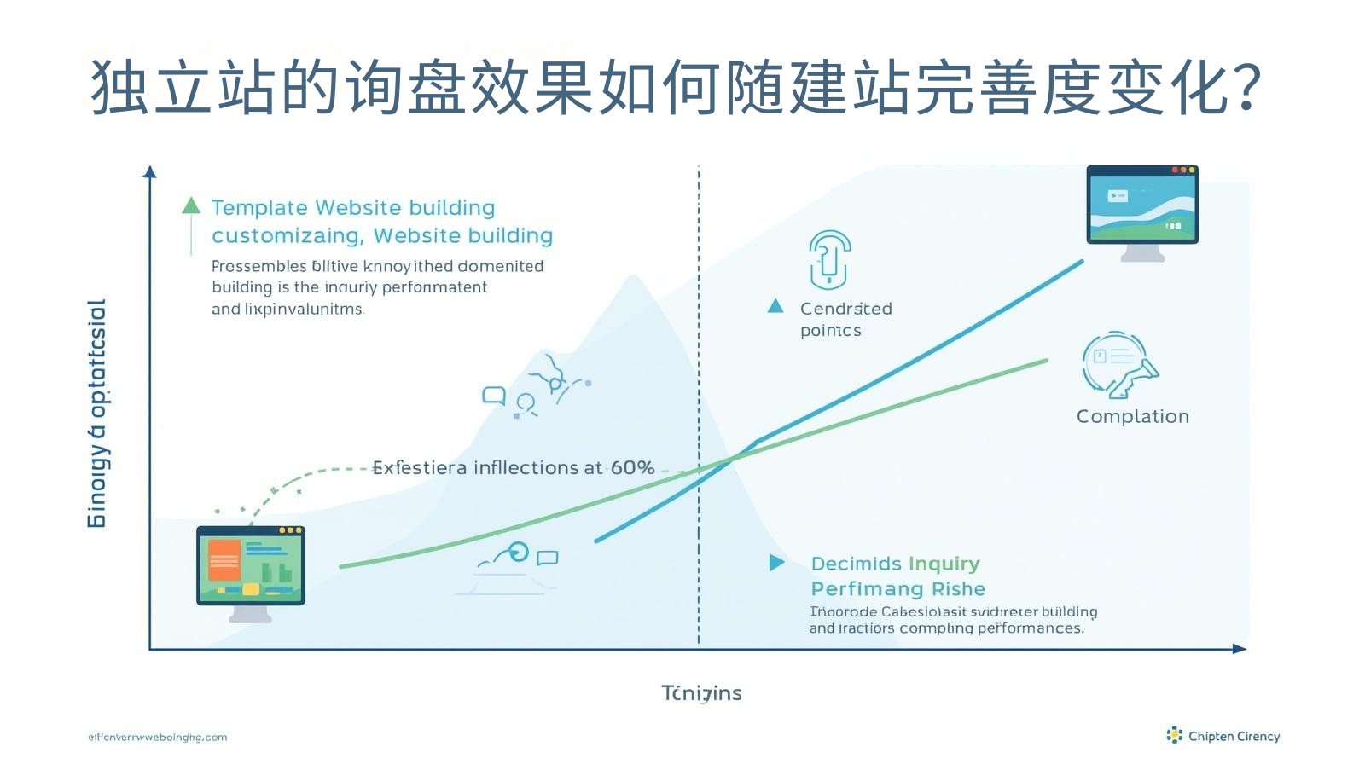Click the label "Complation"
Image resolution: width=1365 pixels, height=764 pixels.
pos(1132,416)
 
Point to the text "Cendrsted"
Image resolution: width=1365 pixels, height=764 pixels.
pos(845,309)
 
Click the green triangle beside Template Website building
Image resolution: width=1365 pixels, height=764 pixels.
pos(191,205)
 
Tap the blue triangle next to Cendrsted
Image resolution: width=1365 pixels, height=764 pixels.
pos(775,306)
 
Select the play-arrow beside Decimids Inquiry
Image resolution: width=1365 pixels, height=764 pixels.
pos(776,563)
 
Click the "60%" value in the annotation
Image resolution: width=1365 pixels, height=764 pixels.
pos(632,467)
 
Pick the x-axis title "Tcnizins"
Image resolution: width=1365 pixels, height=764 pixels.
pos(701,693)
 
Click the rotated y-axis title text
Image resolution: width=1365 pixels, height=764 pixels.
pos(98,414)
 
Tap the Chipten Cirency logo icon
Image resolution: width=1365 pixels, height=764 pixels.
pos(1175,735)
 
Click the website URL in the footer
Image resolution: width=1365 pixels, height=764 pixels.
pos(158,738)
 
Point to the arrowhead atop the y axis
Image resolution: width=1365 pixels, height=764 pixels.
pos(150,171)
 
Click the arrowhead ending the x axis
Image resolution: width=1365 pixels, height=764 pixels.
pos(1240,649)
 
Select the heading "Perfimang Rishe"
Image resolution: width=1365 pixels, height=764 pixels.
pos(897,589)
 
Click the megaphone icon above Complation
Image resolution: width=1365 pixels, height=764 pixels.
pos(1119,365)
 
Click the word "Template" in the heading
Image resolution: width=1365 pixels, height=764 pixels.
pos(259,208)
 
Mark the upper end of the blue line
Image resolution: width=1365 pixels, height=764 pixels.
pos(1082,262)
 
